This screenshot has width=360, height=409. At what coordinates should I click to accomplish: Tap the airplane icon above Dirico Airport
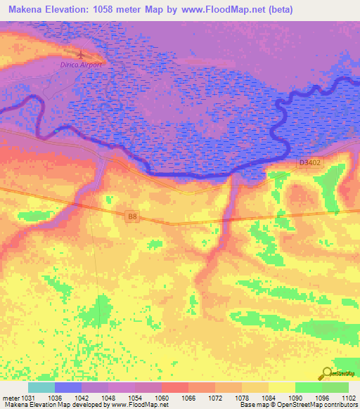coord(82,53)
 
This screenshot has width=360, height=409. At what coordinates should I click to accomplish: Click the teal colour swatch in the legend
coord(41,387)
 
